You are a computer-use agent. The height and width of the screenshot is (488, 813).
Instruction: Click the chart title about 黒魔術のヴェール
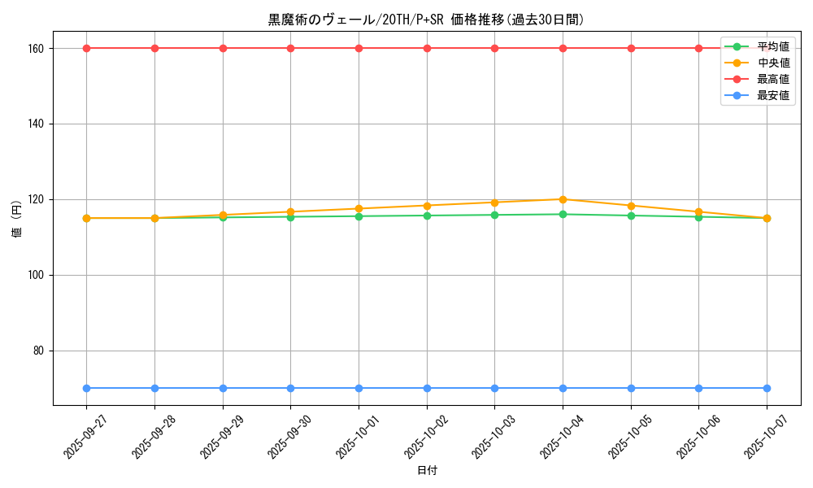(x=426, y=20)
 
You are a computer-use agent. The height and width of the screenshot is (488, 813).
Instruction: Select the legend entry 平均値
(x=773, y=46)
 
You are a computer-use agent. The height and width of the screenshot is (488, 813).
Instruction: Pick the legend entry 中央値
(x=773, y=63)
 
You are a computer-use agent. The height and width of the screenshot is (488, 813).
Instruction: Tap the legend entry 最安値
(x=773, y=95)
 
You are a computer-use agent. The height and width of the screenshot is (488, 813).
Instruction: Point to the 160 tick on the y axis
(x=36, y=48)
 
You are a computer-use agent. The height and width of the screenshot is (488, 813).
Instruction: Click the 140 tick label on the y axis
(x=36, y=124)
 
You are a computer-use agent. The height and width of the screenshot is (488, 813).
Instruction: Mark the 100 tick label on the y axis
(x=36, y=275)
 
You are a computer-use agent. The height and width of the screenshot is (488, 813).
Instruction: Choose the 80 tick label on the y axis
(x=38, y=351)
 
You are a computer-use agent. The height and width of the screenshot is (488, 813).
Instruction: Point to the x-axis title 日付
(x=426, y=470)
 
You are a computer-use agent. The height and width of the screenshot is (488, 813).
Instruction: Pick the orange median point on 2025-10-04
(x=563, y=199)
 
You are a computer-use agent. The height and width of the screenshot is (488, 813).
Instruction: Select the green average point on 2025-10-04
(x=563, y=214)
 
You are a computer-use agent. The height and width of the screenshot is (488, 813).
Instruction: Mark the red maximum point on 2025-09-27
(x=86, y=48)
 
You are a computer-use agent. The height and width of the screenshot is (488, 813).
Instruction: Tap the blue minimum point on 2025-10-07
(x=767, y=388)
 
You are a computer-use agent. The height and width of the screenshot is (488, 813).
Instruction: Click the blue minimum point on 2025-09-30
(x=290, y=388)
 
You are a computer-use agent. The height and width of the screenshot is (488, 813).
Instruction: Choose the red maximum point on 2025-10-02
(x=427, y=48)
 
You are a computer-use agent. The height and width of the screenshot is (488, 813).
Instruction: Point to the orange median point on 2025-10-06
(x=698, y=211)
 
